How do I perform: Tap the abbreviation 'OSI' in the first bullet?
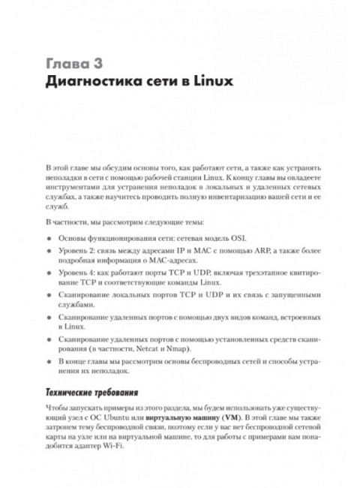point(248,236)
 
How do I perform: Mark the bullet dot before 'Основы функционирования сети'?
point(48,237)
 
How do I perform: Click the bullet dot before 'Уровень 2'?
point(48,253)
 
